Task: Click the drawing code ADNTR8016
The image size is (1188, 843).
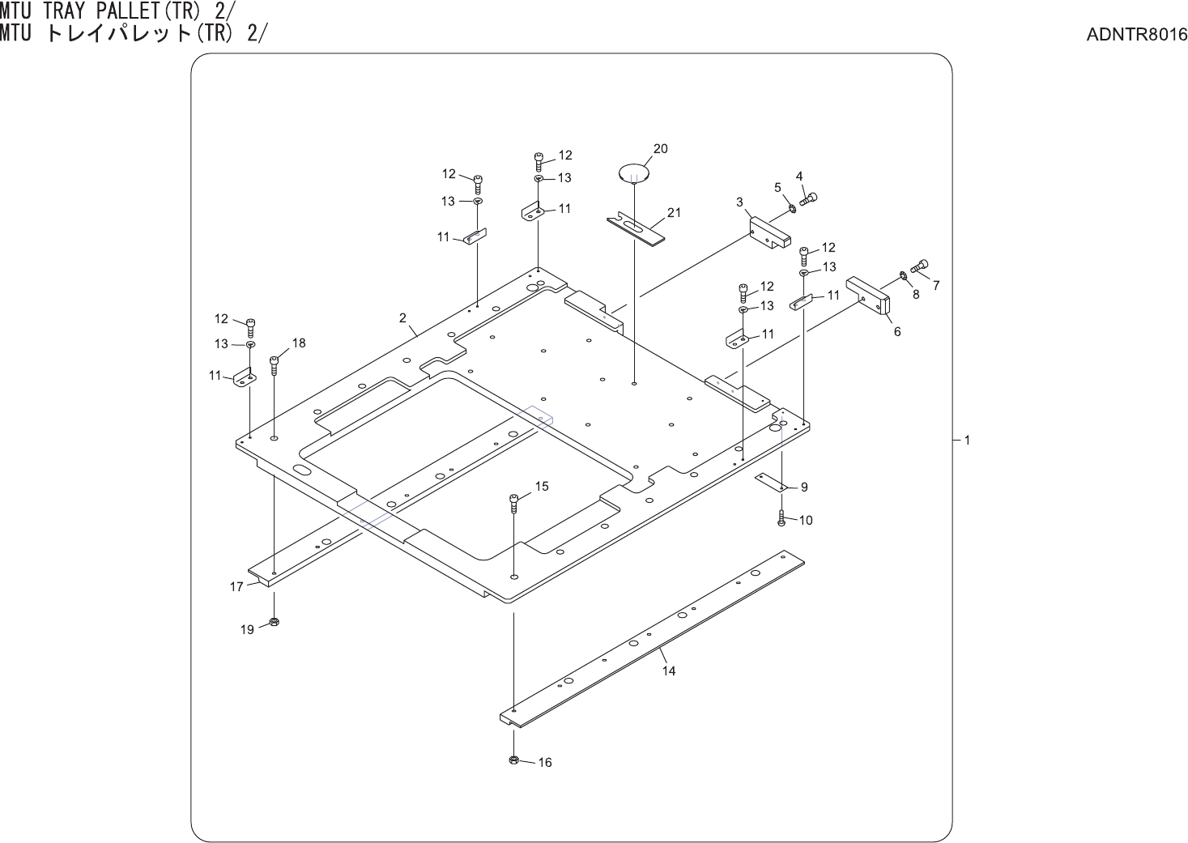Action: pos(1138,35)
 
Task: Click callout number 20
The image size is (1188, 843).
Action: pos(661,148)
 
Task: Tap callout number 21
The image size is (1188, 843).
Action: pos(674,213)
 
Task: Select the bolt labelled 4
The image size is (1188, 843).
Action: pos(808,195)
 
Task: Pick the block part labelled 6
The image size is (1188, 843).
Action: pos(869,296)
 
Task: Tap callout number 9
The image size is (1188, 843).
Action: pos(804,487)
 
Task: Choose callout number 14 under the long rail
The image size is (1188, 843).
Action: pos(669,671)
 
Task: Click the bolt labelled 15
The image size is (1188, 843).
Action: pos(513,504)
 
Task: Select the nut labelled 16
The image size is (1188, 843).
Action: pos(513,760)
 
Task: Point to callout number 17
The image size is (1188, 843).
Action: pos(236,586)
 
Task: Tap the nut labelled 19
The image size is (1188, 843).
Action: pos(274,622)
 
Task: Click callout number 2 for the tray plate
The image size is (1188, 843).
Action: pos(402,318)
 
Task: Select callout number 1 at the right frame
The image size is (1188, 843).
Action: pos(967,441)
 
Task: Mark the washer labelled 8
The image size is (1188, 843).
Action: pos(903,279)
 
